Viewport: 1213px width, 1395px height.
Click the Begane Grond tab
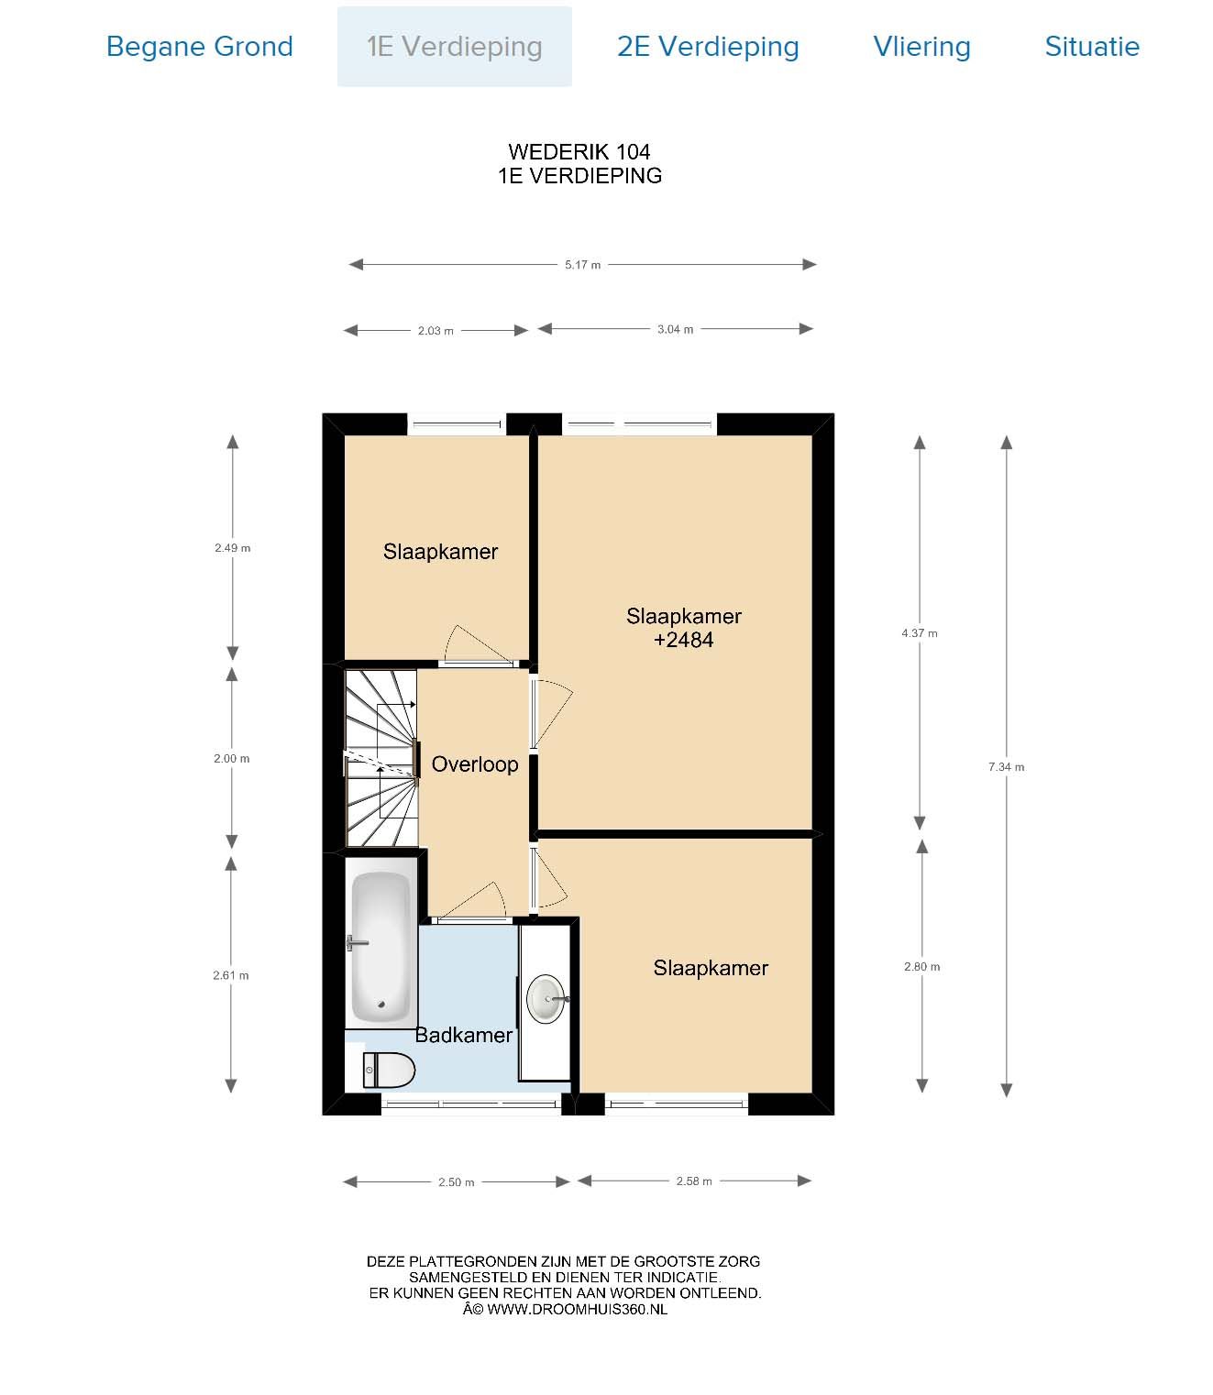coord(199,47)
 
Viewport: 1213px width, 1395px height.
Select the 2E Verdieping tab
coord(708,47)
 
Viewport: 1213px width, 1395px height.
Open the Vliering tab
coord(921,47)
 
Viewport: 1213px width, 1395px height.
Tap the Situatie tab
coord(1092,47)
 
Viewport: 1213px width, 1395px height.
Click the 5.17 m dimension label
coord(582,265)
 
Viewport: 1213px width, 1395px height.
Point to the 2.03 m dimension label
coord(435,331)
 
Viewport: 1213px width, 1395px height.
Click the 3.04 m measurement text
coord(675,329)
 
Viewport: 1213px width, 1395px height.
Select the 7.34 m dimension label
coord(1006,767)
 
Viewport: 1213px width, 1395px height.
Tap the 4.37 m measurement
coord(919,633)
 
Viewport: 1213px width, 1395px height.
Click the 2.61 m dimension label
coord(230,976)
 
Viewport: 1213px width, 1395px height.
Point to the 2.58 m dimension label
coord(693,1181)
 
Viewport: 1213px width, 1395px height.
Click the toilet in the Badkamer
coord(388,1070)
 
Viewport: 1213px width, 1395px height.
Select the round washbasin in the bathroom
coord(546,999)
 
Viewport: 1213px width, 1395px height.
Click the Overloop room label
coord(475,764)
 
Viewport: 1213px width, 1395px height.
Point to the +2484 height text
coord(683,640)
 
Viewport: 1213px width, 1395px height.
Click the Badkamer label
coord(464,1035)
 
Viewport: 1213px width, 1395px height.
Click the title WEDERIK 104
coord(579,151)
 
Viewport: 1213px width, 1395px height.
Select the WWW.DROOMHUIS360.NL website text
coord(577,1309)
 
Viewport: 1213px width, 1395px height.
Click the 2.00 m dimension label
coord(231,759)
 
